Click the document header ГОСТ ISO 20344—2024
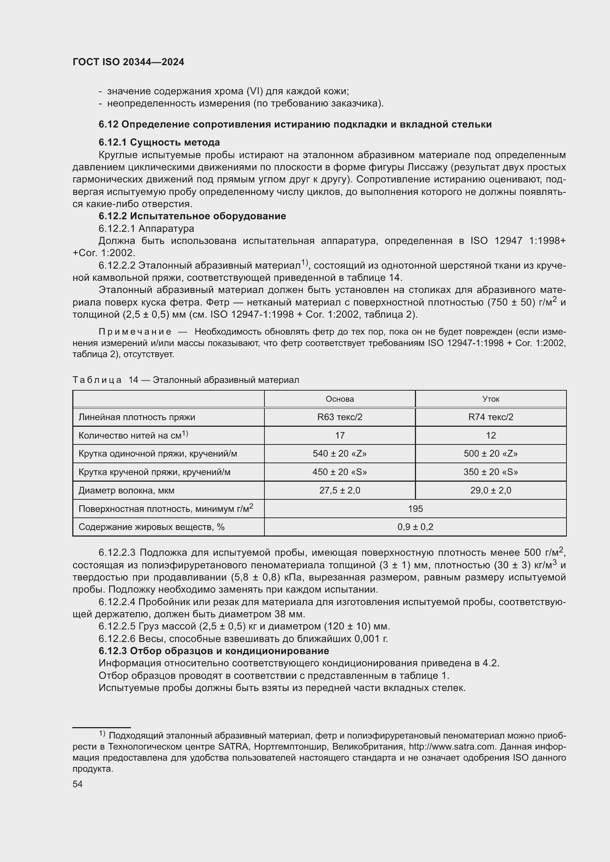[x=128, y=62]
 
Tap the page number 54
[x=77, y=784]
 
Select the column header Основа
[x=340, y=399]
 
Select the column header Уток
[x=491, y=399]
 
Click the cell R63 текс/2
[x=340, y=417]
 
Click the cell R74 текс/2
[x=491, y=417]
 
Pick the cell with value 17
[x=340, y=436]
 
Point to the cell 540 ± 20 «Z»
[x=340, y=454]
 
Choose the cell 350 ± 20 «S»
[x=491, y=472]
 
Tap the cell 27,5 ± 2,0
[x=340, y=490]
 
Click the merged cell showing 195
[x=415, y=509]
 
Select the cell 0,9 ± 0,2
[x=415, y=527]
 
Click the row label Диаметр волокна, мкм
[x=126, y=490]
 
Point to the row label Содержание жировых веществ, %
[x=151, y=527]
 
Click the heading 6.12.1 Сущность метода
[x=159, y=142]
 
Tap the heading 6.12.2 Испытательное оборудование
[x=192, y=216]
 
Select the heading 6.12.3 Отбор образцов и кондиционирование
[x=214, y=650]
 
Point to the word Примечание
[x=135, y=332]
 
